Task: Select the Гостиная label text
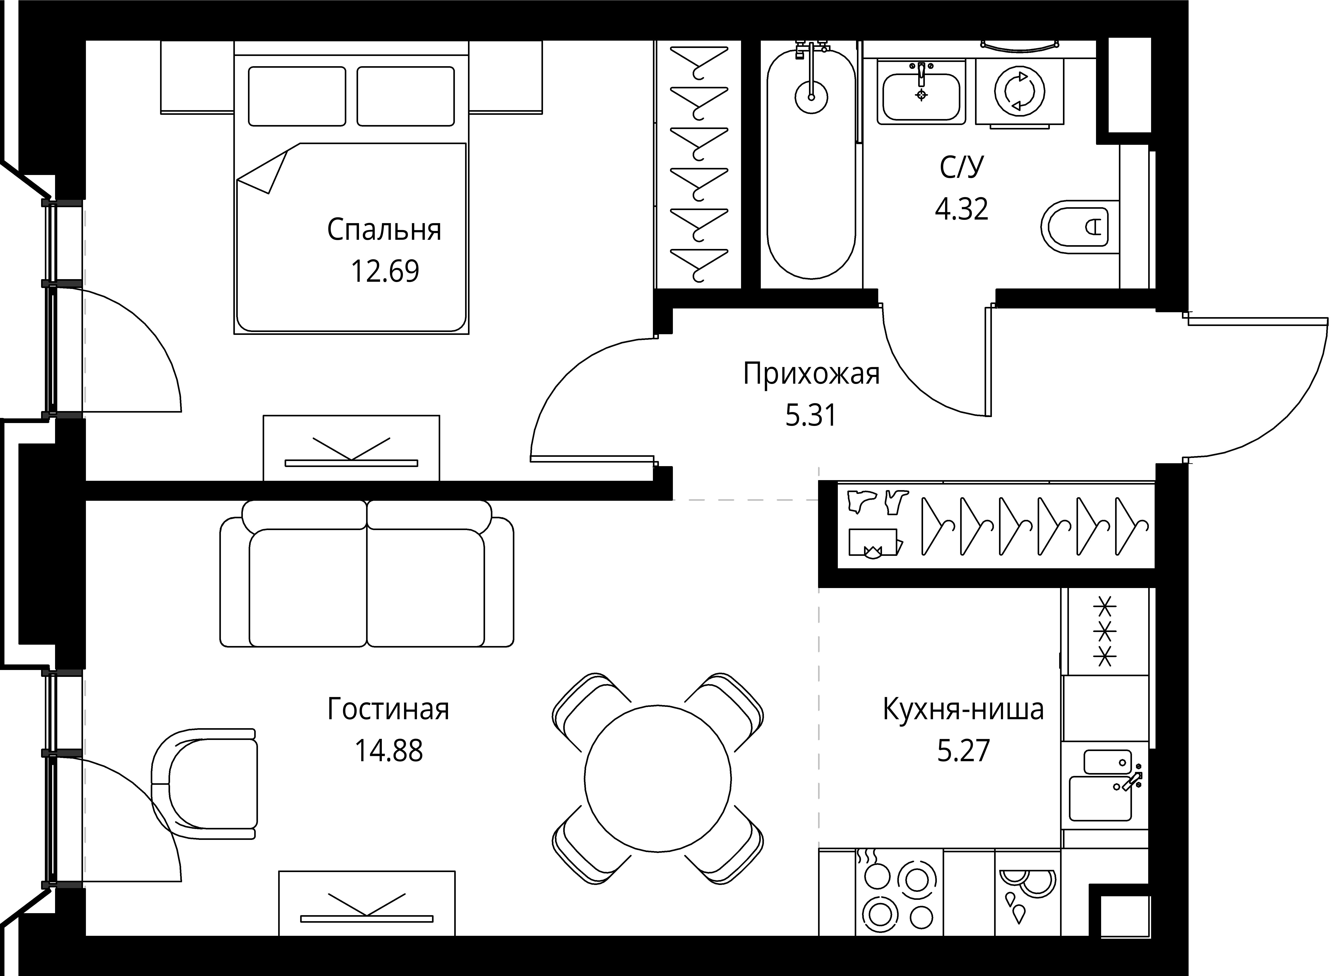click(x=388, y=710)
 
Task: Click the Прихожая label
click(x=811, y=374)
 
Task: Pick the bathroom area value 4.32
click(x=961, y=209)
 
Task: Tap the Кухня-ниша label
click(x=963, y=710)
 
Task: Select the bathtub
click(x=811, y=163)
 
